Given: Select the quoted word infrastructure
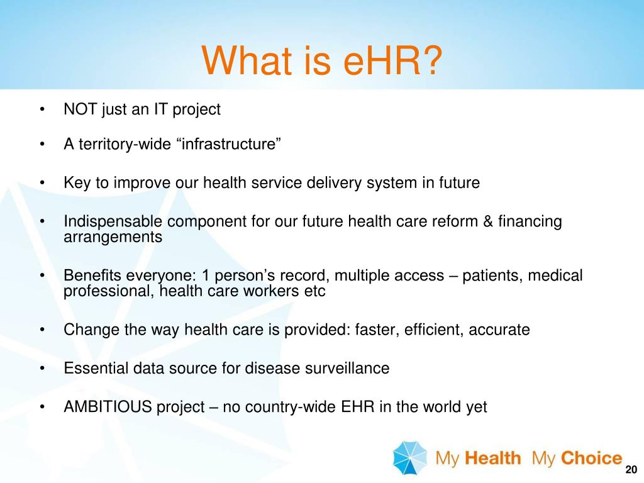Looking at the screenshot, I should [x=230, y=145].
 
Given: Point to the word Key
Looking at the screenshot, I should [x=76, y=183].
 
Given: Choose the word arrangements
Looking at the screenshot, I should [x=113, y=237].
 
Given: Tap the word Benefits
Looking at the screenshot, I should [x=90, y=275].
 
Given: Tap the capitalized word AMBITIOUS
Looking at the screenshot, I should [x=108, y=407].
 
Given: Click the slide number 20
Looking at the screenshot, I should [x=631, y=471].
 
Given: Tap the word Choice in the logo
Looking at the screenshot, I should [x=591, y=458].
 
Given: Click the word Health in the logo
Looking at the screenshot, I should [x=494, y=458].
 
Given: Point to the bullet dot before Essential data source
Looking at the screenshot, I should [x=42, y=369].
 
